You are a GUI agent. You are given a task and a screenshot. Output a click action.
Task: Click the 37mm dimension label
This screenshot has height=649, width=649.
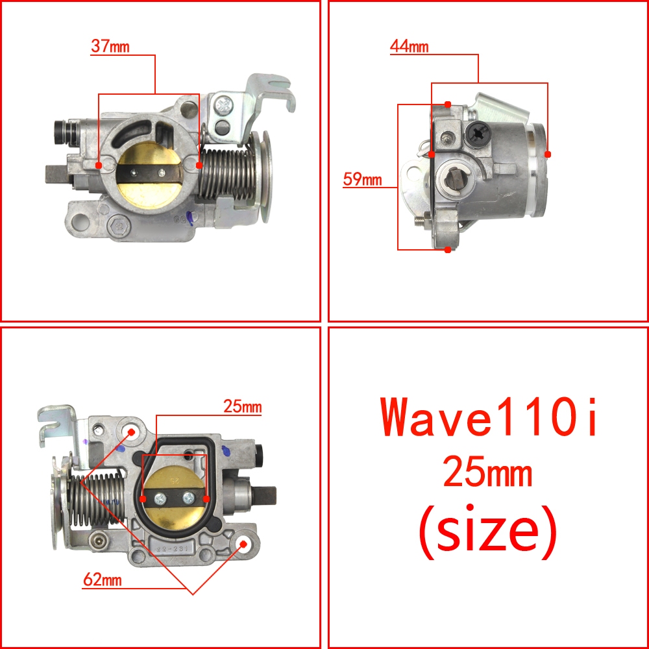[x=110, y=46]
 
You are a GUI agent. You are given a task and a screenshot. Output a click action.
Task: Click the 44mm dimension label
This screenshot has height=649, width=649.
[x=409, y=46]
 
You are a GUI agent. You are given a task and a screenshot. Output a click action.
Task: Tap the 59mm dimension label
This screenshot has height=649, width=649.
[x=362, y=179]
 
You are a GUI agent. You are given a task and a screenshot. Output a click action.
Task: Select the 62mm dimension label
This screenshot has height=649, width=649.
[x=103, y=580]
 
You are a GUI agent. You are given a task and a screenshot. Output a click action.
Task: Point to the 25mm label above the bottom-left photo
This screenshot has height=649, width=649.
[x=243, y=406]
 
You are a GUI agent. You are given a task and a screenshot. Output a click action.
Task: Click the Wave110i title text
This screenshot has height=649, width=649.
[x=489, y=416]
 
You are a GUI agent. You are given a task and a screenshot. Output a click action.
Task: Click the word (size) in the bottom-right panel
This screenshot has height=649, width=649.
[x=488, y=532]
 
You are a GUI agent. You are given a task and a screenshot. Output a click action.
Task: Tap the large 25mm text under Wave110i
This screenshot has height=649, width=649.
[x=488, y=471]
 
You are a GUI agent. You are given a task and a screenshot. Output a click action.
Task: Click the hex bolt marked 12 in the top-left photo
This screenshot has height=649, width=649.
[x=119, y=227]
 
